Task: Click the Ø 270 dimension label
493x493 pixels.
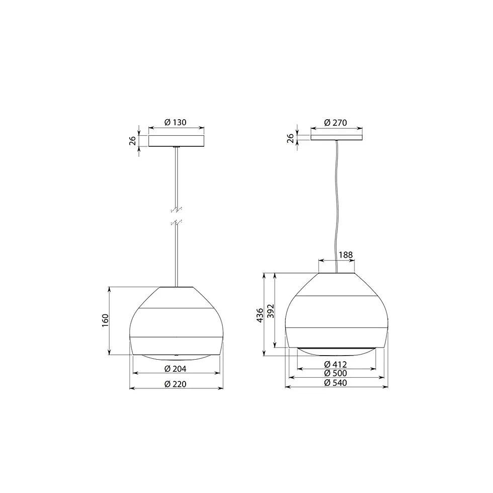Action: point(336,122)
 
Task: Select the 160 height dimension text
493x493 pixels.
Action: point(105,320)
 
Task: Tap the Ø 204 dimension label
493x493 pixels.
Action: point(176,369)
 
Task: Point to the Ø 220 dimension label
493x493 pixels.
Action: point(176,384)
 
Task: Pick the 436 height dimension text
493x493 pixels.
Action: point(259,315)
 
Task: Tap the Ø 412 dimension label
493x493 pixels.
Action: point(336,364)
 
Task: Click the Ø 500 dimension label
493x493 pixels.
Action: point(336,373)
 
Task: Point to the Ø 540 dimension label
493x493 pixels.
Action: point(336,382)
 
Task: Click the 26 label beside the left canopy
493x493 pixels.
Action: point(133,140)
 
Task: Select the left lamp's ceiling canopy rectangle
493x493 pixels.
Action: point(176,140)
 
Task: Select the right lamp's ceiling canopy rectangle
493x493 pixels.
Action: point(336,137)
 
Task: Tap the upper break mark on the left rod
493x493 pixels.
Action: point(176,208)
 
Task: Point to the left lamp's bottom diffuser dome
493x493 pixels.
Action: point(176,356)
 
